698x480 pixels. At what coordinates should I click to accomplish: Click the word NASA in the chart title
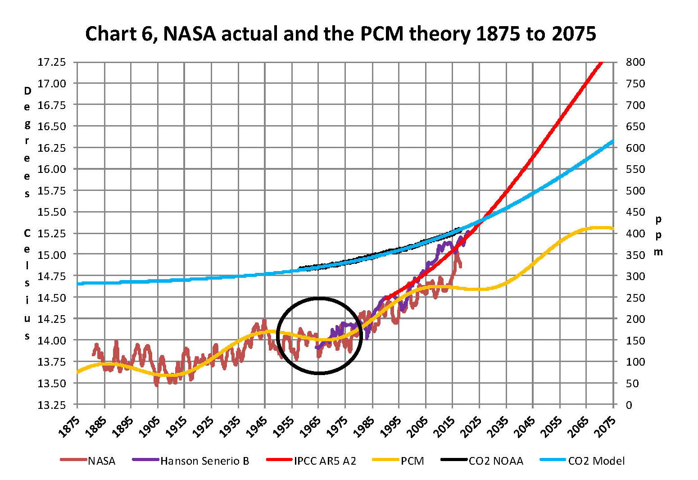(190, 34)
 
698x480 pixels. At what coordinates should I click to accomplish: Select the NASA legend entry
(101, 461)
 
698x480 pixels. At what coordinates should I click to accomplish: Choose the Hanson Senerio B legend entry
(204, 461)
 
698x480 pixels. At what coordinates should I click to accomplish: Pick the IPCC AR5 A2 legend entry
(325, 461)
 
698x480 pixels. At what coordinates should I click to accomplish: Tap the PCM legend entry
(412, 461)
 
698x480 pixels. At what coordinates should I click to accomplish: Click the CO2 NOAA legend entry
(496, 461)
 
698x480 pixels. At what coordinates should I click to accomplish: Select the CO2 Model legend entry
(596, 461)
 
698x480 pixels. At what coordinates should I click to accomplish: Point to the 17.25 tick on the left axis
(51, 62)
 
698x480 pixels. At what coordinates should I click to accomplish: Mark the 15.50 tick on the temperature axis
(51, 212)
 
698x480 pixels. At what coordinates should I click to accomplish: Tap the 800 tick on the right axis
(635, 62)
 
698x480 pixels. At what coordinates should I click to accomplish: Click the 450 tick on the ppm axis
(635, 212)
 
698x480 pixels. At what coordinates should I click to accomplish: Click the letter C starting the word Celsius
(27, 233)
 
